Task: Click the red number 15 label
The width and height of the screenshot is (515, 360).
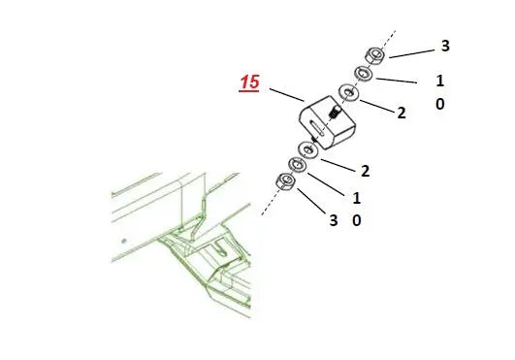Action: tap(249, 84)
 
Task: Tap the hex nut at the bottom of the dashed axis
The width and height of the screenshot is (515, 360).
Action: tap(286, 180)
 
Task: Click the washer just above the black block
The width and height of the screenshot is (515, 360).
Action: tap(347, 94)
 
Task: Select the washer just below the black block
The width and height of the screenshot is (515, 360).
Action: tap(309, 149)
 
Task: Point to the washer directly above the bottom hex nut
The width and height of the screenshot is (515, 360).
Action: tap(297, 166)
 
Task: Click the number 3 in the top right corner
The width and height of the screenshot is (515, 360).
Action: tap(445, 46)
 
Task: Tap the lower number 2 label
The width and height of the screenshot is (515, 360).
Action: tap(365, 171)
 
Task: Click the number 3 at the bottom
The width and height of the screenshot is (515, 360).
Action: tap(333, 221)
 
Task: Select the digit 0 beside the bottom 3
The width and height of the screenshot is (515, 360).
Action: tap(357, 221)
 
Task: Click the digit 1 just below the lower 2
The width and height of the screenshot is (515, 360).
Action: tap(357, 197)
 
